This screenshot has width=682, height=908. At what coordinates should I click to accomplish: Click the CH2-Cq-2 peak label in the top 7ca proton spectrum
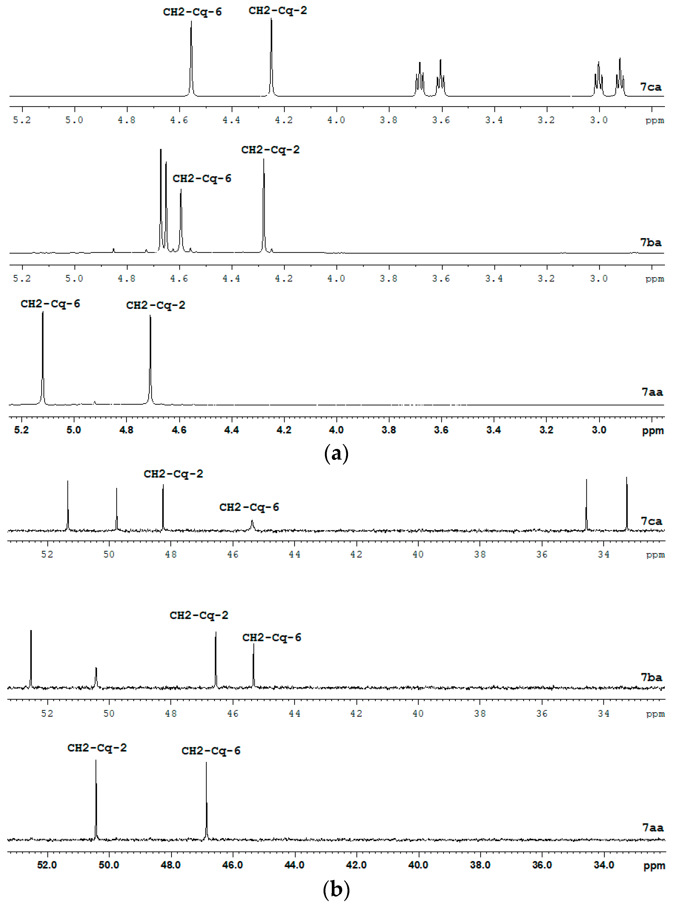tap(278, 11)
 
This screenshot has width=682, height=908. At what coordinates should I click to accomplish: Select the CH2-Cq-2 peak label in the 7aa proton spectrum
tap(155, 305)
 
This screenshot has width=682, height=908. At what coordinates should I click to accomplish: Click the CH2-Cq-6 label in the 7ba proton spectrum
tap(202, 179)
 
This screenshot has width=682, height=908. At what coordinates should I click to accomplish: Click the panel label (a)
tap(336, 453)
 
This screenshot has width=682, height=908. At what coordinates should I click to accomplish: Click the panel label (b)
tap(336, 890)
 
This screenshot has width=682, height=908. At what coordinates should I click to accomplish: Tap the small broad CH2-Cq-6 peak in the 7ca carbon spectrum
tap(252, 525)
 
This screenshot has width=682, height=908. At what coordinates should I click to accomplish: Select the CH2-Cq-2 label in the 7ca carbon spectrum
tap(173, 474)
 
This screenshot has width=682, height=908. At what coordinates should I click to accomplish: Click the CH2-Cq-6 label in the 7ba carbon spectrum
tap(272, 637)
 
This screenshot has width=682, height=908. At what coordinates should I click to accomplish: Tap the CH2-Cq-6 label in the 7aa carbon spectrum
tap(211, 751)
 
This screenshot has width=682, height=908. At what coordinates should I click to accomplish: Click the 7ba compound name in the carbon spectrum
tap(651, 677)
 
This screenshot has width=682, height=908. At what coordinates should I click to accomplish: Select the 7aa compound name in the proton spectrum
tap(652, 392)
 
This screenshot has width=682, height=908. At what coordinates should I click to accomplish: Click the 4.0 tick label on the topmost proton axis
tap(336, 120)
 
